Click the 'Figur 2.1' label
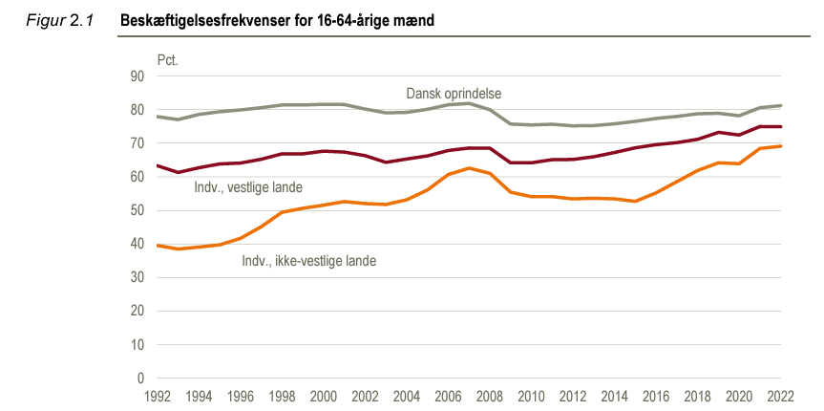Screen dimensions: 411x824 [x=58, y=20]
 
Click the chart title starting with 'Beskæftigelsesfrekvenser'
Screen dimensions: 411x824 [x=278, y=20]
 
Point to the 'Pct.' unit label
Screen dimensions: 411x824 [x=168, y=59]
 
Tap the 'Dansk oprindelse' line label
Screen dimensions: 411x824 [x=454, y=94]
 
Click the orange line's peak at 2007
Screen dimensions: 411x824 [x=468, y=168]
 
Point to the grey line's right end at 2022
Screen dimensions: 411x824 [x=781, y=106]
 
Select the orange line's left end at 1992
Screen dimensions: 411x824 [x=157, y=246]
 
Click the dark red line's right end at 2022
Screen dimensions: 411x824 [x=781, y=127]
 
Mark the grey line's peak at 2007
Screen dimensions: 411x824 [x=468, y=103]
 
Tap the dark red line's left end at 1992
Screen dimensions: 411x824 [x=157, y=165]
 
